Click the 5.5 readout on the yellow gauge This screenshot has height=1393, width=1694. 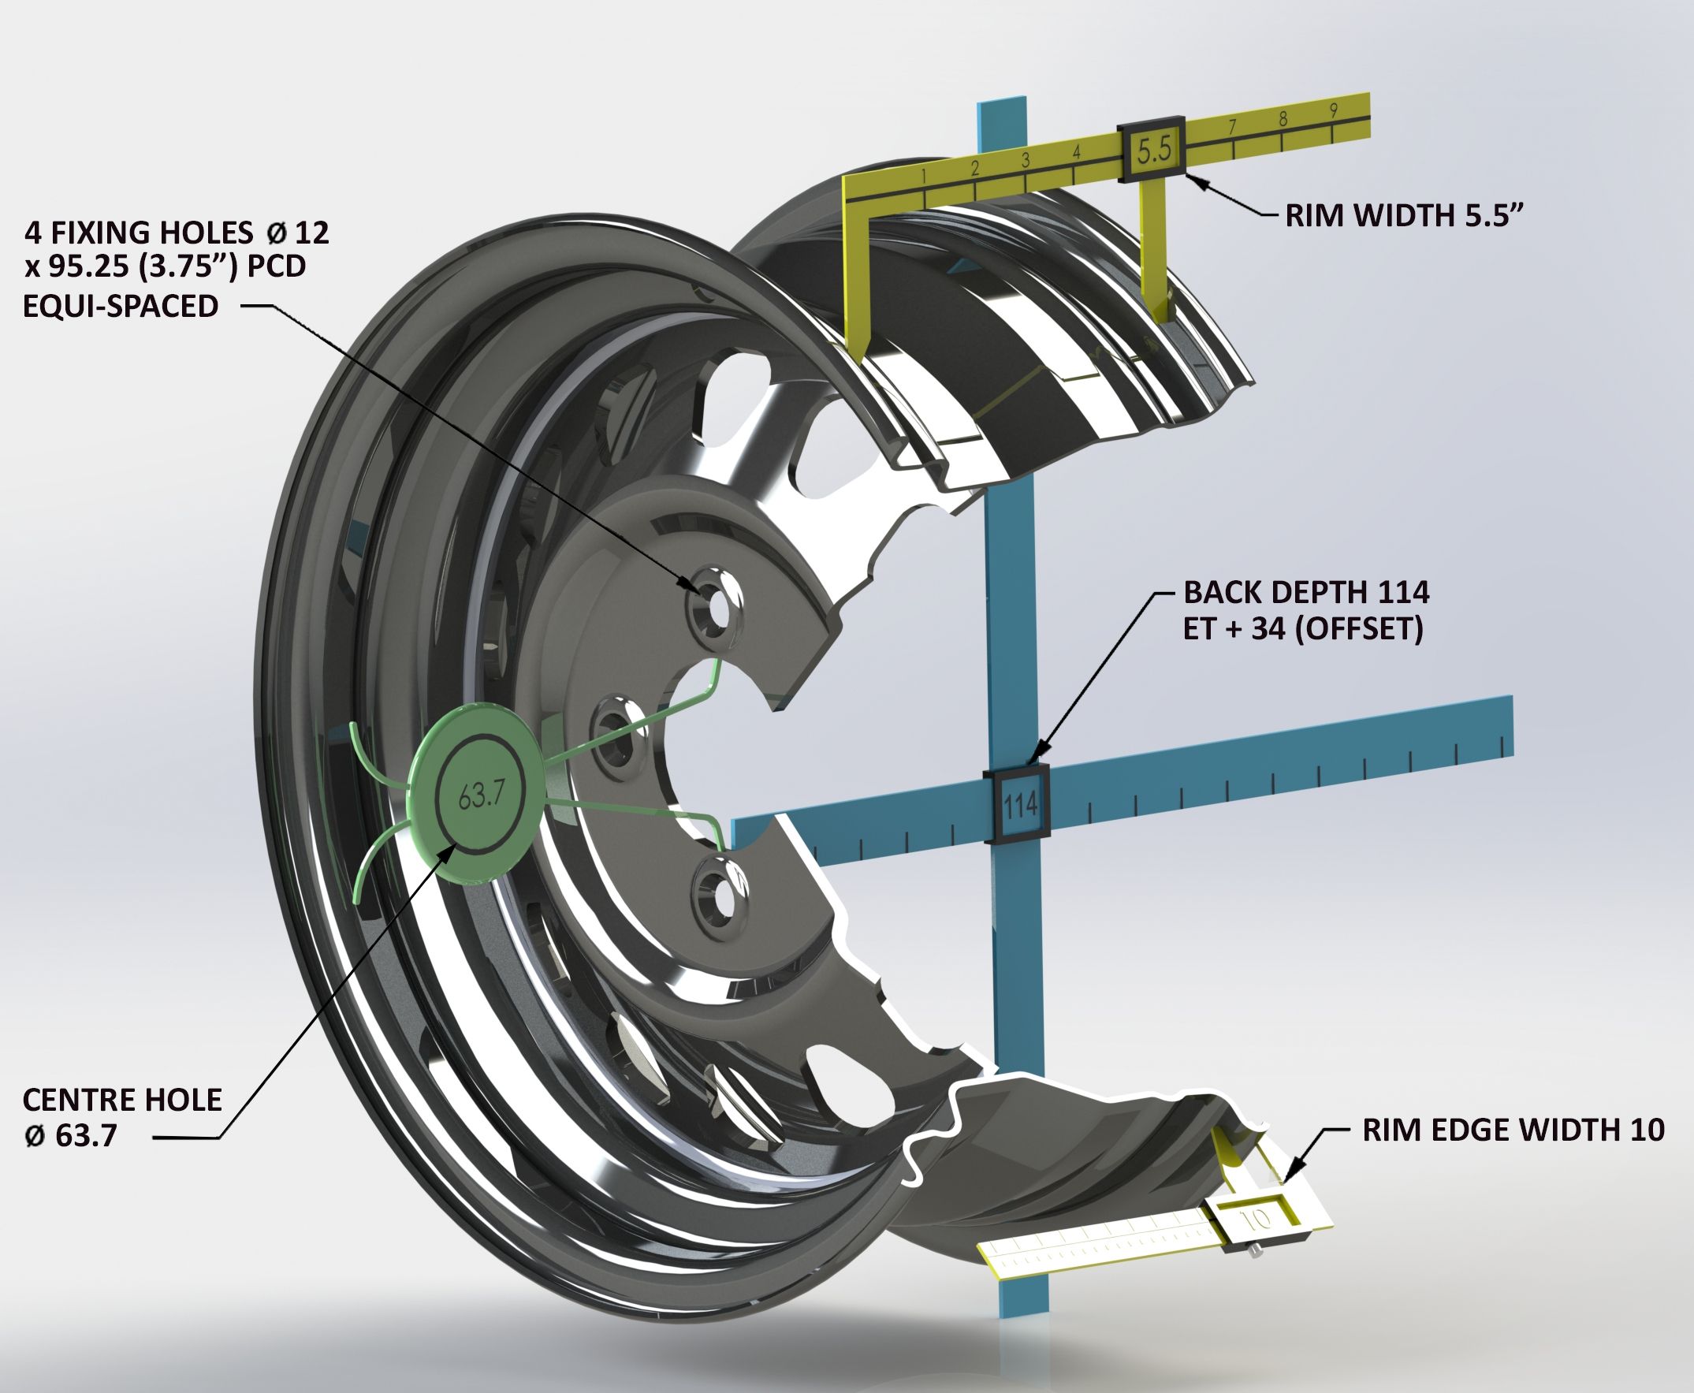1154,149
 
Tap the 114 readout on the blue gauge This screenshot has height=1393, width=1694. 1020,803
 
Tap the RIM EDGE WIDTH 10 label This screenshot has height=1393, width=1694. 1513,1130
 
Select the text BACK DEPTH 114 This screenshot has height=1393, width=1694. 1306,592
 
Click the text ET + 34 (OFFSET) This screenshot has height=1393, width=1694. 1303,629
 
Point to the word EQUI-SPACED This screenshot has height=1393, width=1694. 121,306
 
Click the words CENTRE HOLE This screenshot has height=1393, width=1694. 122,1099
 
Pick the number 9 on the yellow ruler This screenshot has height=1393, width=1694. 1333,110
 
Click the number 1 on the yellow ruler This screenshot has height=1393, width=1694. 925,176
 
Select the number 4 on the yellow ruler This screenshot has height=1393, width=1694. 1076,151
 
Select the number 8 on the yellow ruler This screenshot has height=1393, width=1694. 1283,119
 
